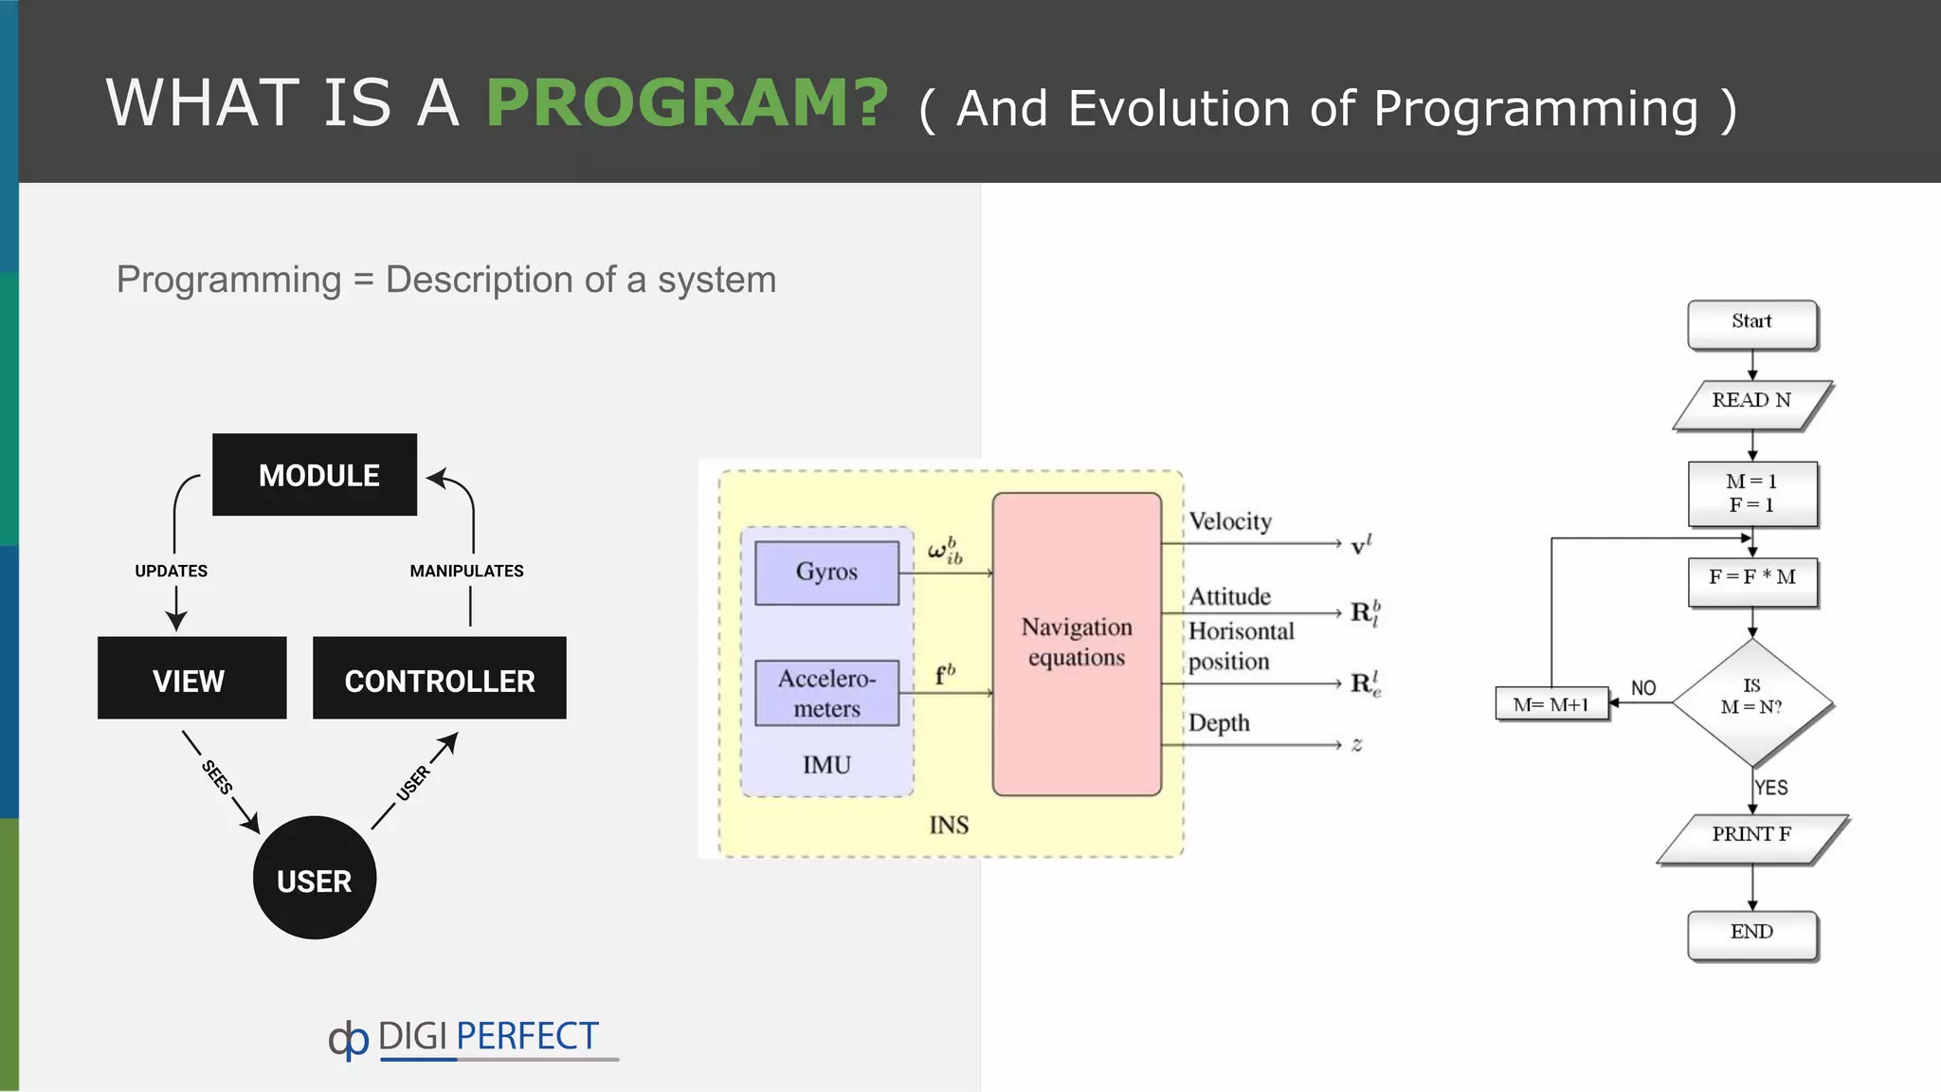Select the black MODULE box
315,475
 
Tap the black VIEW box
191,679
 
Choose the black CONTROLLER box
439,679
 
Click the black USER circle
315,879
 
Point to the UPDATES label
171,571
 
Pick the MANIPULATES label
466,571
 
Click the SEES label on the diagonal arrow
217,777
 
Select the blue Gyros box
826,573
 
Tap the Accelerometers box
826,694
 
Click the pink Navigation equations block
1077,644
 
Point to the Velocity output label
1230,521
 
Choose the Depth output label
1219,723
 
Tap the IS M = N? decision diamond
1751,701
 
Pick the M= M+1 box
1551,704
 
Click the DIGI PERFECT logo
464,1039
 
